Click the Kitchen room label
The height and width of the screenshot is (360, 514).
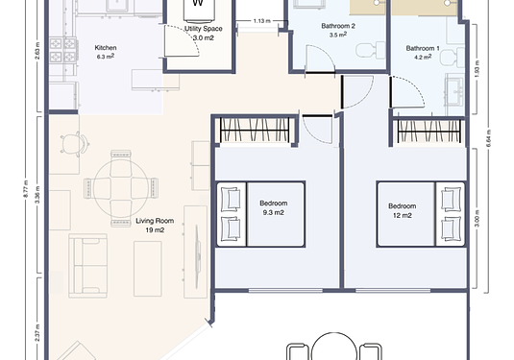click(106, 48)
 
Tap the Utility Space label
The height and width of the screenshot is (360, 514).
click(204, 29)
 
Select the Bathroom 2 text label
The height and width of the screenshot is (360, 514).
click(338, 26)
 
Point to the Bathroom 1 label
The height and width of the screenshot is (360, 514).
click(423, 49)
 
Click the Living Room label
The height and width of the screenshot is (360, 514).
click(155, 221)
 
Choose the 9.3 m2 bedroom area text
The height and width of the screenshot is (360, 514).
click(273, 212)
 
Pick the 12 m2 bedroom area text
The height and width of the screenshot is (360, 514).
click(403, 216)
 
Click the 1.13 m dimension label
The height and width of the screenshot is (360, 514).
click(262, 21)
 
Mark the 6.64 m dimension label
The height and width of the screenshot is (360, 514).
click(489, 138)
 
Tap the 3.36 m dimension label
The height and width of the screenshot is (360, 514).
click(37, 195)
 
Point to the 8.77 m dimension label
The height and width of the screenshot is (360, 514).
click(26, 189)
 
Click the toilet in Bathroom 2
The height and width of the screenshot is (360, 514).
click(371, 50)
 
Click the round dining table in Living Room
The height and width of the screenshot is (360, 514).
click(121, 188)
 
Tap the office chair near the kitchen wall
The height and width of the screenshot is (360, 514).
click(75, 143)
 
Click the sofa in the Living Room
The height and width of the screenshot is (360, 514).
click(87, 266)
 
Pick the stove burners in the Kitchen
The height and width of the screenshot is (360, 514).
click(63, 50)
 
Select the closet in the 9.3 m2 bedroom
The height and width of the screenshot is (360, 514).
click(255, 131)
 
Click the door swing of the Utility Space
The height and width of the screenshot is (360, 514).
click(182, 40)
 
